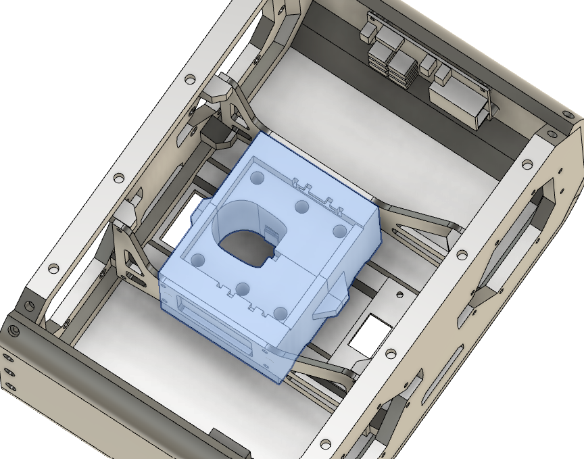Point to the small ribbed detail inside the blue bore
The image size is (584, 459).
coord(270,233)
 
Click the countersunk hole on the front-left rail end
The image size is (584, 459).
coord(14,333)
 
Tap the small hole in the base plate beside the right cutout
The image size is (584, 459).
coord(399,293)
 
